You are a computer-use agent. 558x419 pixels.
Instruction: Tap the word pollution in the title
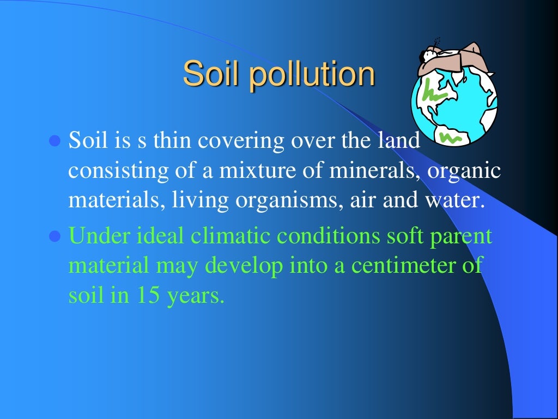click(x=312, y=75)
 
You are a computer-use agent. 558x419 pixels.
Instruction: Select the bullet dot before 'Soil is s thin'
click(x=53, y=142)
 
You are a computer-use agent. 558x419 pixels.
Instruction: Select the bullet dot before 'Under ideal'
click(x=53, y=237)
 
